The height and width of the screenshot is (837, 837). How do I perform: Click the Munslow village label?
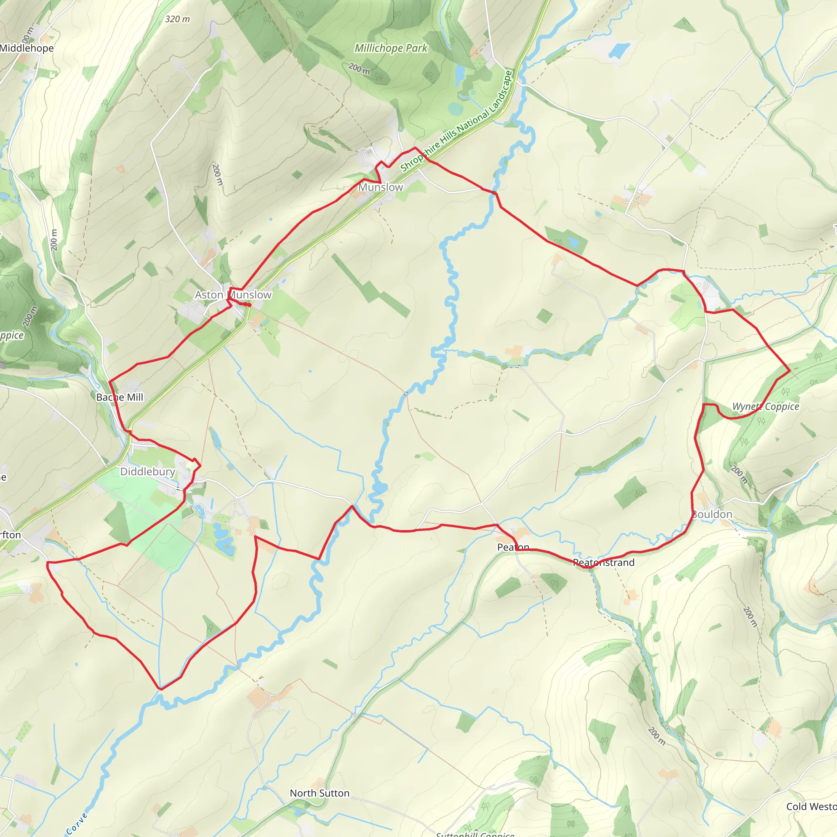pyautogui.click(x=380, y=187)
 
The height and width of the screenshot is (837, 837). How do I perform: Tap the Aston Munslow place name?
pyautogui.click(x=233, y=295)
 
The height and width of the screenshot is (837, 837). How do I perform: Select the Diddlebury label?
pyautogui.click(x=147, y=471)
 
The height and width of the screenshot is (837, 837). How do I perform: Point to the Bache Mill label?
pyautogui.click(x=120, y=397)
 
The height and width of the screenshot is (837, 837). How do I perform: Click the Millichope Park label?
pyautogui.click(x=391, y=48)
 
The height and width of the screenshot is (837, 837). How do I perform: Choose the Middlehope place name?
pyautogui.click(x=27, y=48)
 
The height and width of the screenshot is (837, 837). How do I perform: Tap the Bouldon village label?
pyautogui.click(x=712, y=514)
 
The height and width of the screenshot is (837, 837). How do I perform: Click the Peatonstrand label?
pyautogui.click(x=604, y=562)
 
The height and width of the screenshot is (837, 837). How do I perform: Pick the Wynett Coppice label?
pyautogui.click(x=765, y=406)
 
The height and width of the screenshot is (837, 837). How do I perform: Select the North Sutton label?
pyautogui.click(x=319, y=793)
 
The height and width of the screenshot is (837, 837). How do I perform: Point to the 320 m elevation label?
pyautogui.click(x=177, y=19)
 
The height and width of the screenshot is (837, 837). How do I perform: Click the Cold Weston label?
pyautogui.click(x=811, y=806)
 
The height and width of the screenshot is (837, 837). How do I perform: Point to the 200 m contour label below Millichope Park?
pyautogui.click(x=359, y=68)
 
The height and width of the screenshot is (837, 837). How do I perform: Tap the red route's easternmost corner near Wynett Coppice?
pyautogui.click(x=790, y=370)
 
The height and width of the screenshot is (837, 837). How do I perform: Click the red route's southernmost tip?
pyautogui.click(x=160, y=688)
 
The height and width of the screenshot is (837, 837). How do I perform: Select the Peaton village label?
pyautogui.click(x=513, y=547)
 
